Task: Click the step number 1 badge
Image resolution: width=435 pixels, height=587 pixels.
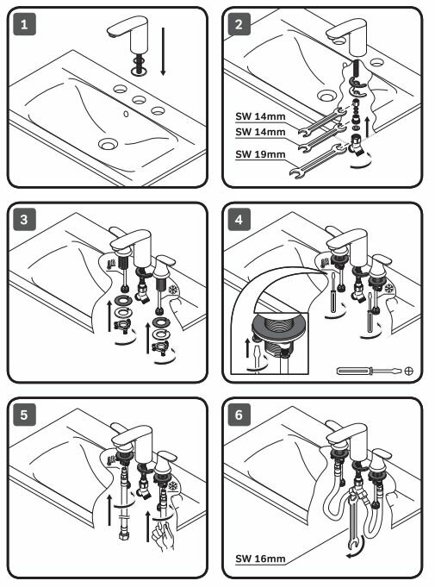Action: click(25, 24)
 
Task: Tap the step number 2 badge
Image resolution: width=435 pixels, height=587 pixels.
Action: click(239, 24)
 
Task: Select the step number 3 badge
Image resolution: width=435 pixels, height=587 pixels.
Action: click(25, 220)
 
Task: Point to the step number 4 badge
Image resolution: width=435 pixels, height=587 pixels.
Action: click(239, 220)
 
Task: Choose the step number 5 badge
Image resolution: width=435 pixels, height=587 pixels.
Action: click(25, 415)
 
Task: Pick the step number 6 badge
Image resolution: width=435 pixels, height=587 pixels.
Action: click(239, 415)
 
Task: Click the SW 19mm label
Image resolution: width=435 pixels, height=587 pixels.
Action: click(260, 154)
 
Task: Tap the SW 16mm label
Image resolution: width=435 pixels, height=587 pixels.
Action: click(260, 559)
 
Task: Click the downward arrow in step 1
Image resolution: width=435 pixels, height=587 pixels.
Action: click(163, 52)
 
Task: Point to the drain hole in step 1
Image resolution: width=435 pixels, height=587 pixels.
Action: click(108, 143)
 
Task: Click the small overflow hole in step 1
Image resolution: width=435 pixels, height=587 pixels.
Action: click(126, 114)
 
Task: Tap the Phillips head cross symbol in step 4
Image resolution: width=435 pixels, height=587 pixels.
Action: click(409, 371)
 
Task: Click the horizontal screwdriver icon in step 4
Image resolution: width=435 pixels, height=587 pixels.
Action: click(370, 371)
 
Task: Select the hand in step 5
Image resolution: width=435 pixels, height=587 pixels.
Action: click(163, 537)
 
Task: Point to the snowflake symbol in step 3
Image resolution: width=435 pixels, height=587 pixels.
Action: click(173, 290)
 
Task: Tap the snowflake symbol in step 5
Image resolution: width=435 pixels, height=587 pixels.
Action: click(173, 486)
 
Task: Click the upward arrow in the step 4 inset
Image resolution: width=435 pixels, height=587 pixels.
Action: click(247, 347)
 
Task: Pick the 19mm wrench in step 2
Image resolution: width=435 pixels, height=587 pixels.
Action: click(319, 161)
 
